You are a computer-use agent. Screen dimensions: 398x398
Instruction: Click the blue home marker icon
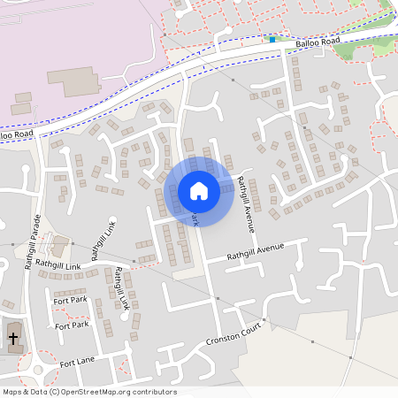199,191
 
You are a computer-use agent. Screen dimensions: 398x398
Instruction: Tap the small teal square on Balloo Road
272,40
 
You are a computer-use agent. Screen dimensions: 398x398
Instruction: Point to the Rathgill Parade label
34,244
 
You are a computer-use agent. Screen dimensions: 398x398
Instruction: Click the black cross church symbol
13,338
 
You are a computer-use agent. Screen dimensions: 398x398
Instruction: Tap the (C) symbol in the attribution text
54,392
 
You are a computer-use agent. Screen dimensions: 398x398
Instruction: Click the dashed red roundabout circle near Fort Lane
37,368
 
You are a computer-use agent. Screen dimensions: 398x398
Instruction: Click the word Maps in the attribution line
12,392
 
